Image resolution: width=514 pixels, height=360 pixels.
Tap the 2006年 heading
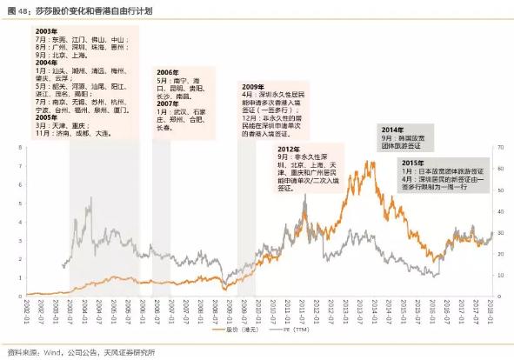click(x=167, y=71)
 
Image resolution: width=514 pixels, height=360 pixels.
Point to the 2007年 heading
click(x=167, y=103)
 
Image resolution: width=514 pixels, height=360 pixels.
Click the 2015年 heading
click(x=415, y=162)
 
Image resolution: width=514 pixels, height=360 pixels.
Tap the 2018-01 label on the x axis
click(x=491, y=310)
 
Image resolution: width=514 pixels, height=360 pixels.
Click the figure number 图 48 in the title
click(x=18, y=9)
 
